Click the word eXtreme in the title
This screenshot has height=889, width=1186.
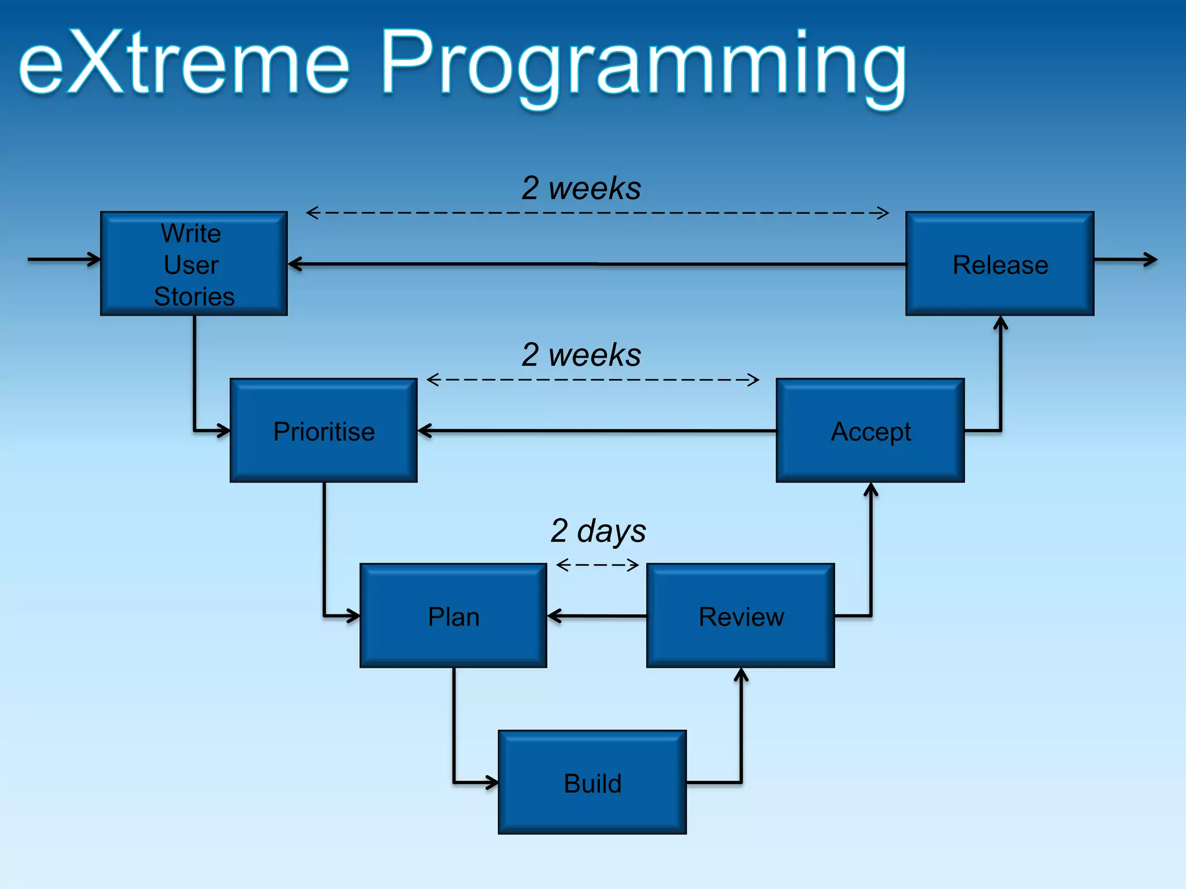point(184,63)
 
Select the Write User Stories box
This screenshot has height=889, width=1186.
point(193,264)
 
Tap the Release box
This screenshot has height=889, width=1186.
point(1000,264)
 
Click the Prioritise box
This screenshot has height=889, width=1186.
point(323,431)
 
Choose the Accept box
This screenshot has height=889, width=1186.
point(870,431)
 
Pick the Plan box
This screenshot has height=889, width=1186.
point(453,616)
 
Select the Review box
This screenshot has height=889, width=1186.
point(740,616)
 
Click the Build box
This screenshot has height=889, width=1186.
point(592,783)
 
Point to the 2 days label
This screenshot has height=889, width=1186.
point(598,530)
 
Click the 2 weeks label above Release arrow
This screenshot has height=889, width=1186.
point(581,188)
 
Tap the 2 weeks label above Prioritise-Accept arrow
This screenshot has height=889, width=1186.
point(581,354)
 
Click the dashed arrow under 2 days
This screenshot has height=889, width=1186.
point(597,564)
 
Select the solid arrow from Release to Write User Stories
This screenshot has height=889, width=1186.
point(596,264)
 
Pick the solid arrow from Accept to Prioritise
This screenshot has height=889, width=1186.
point(596,431)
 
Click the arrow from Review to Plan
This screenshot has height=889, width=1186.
point(596,616)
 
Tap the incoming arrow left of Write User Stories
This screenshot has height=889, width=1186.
point(64,259)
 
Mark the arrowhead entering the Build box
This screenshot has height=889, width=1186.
point(492,783)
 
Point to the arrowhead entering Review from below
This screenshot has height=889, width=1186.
point(741,675)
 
